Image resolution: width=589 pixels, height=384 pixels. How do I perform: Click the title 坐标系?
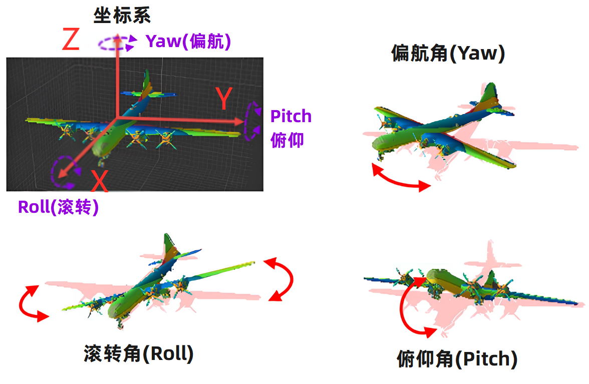122,15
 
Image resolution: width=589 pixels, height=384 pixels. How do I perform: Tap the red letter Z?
71,40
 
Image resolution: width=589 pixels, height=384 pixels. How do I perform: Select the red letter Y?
223,99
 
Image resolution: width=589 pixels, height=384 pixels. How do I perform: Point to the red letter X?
100,181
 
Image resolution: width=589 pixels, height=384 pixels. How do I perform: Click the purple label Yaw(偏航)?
188,42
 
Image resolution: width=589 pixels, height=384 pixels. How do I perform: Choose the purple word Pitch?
290,116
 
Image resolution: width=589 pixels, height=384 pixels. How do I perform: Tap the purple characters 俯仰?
286,140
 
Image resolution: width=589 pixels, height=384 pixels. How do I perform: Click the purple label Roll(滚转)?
58,207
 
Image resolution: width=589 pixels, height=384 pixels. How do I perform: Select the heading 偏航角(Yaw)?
448,53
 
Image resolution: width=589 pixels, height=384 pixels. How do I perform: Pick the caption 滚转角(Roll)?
138,354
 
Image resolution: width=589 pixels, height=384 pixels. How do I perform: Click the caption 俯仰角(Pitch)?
457,359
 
